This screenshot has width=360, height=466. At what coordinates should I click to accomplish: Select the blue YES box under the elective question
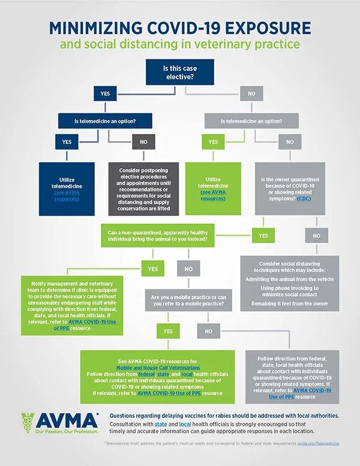click(105, 93)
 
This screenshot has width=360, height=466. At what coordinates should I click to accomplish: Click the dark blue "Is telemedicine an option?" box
click(105, 121)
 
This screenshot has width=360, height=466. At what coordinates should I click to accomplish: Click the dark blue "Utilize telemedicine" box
click(67, 189)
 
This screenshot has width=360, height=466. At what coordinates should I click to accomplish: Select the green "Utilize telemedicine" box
click(213, 189)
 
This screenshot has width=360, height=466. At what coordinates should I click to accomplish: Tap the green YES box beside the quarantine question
click(263, 236)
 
